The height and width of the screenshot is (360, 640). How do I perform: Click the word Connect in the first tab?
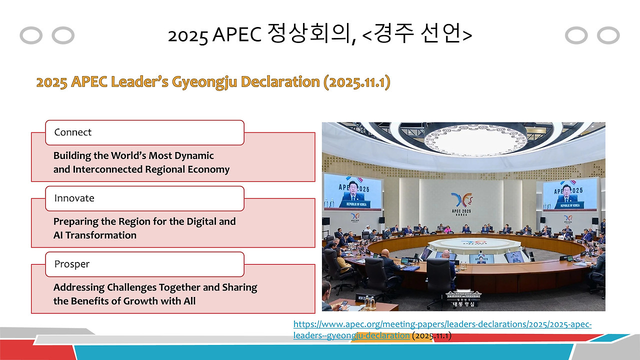pyautogui.click(x=73, y=132)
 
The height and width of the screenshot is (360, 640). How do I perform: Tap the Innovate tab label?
pyautogui.click(x=74, y=198)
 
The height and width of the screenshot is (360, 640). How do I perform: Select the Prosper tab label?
pyautogui.click(x=71, y=264)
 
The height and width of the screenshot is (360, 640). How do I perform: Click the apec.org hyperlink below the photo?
pyautogui.click(x=442, y=324)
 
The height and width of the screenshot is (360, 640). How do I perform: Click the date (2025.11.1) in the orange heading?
pyautogui.click(x=356, y=82)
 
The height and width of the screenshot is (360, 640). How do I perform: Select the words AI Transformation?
pyautogui.click(x=95, y=235)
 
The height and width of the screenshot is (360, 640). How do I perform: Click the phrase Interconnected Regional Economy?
pyautogui.click(x=151, y=169)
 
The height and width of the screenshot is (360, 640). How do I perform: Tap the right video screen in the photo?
pyautogui.click(x=569, y=194)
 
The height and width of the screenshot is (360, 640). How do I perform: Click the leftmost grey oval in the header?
pyautogui.click(x=31, y=35)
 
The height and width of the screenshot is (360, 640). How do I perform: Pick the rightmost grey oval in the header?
pyautogui.click(x=608, y=35)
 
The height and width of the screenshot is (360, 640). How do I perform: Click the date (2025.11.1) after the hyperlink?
pyautogui.click(x=432, y=335)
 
